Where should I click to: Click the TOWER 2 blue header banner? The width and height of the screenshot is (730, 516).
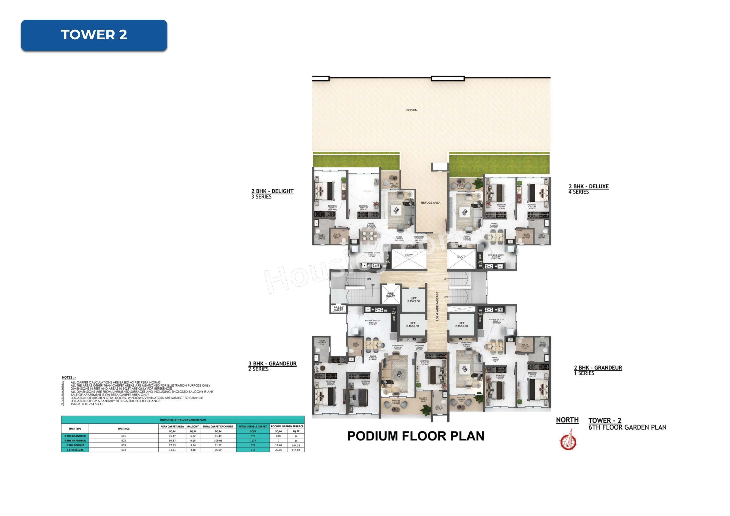(94, 35)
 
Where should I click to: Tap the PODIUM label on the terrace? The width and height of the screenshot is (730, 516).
(412, 110)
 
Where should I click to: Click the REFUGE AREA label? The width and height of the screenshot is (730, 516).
(431, 203)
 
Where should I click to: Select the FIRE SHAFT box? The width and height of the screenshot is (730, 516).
(390, 295)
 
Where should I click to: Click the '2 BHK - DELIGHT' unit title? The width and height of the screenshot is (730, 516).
(273, 191)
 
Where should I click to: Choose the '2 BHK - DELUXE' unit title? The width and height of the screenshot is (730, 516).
(589, 186)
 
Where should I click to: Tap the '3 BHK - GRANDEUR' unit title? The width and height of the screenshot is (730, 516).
(273, 363)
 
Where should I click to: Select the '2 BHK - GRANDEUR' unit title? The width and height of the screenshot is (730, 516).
(598, 368)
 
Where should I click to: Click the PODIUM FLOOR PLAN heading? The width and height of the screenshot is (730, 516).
(416, 436)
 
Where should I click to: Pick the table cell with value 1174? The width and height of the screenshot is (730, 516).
(253, 441)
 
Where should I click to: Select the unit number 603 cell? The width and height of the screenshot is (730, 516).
(124, 445)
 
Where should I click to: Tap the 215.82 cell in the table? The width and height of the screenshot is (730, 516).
(296, 450)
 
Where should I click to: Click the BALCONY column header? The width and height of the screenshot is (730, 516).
(193, 426)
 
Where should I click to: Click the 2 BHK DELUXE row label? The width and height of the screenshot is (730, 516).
(75, 450)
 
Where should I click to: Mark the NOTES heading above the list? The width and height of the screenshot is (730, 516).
(69, 377)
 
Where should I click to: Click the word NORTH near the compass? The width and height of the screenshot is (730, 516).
(567, 420)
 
